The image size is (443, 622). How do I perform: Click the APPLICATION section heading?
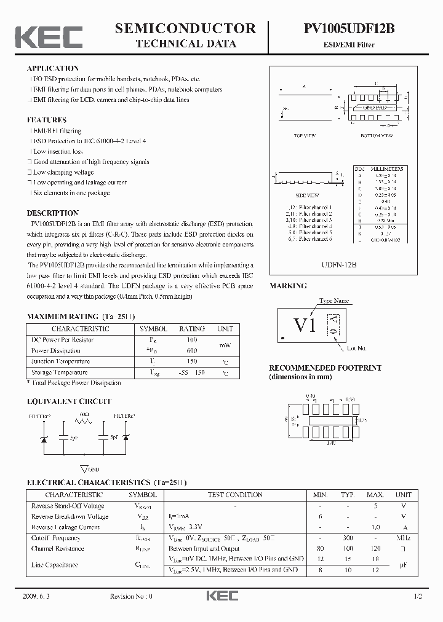53,68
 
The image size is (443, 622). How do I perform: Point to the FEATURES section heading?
47,120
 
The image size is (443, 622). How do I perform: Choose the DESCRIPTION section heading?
53,213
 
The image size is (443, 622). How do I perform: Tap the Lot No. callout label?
356,348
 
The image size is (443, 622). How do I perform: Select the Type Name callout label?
334,301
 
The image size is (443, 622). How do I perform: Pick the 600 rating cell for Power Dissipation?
191,350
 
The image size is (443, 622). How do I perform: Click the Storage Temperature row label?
59,372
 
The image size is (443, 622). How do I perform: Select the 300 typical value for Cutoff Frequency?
348,538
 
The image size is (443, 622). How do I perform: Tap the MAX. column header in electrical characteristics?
375,495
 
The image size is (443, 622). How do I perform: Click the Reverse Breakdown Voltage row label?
70,516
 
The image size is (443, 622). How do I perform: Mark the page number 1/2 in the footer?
419,597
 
